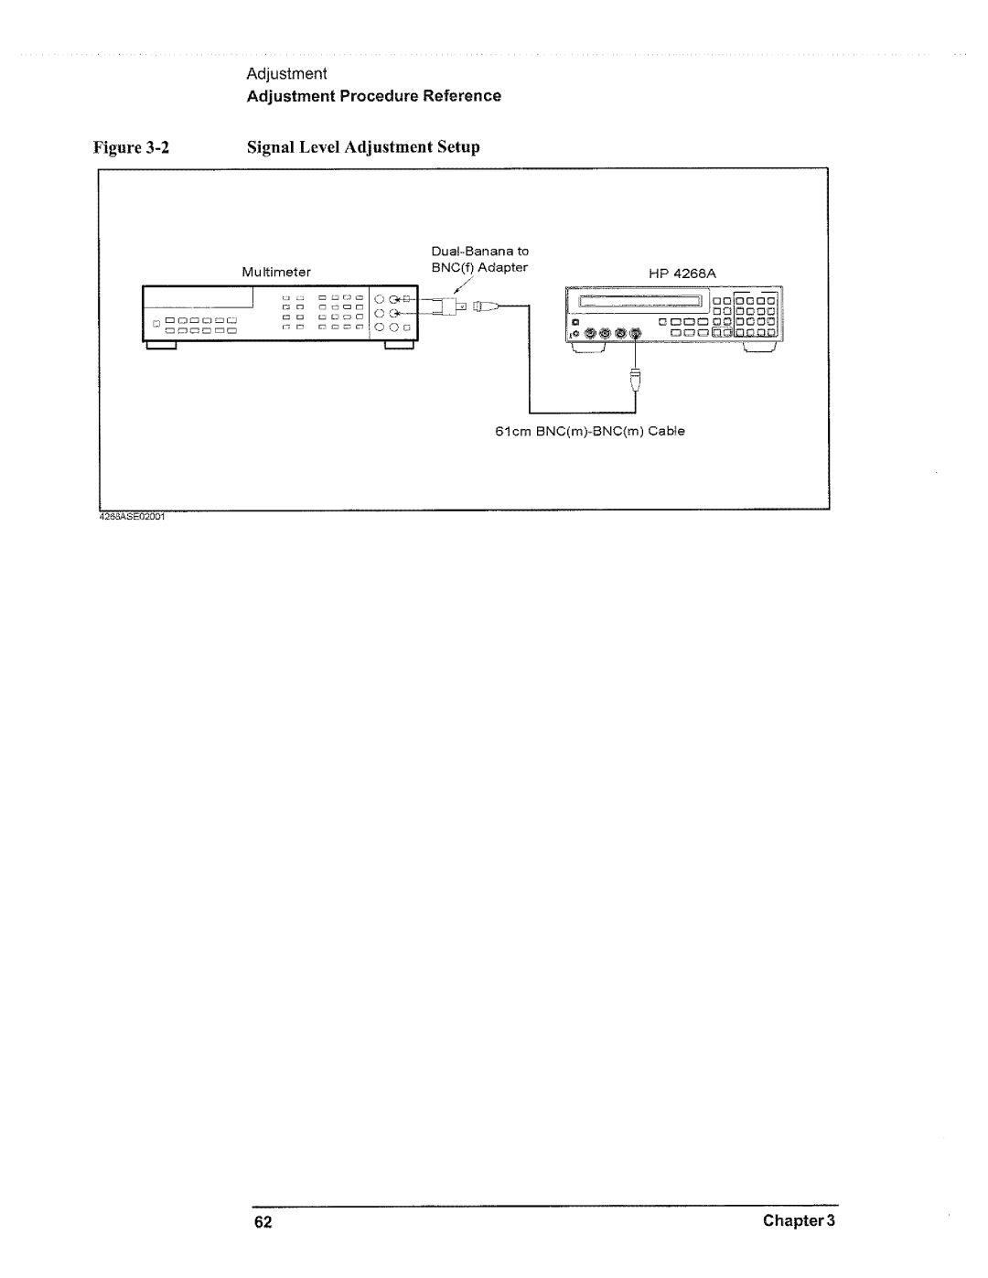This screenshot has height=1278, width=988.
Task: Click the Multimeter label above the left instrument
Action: pyautogui.click(x=276, y=272)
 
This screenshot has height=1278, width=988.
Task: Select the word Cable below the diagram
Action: pyautogui.click(x=666, y=431)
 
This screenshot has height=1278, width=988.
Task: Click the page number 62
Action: pyautogui.click(x=265, y=1221)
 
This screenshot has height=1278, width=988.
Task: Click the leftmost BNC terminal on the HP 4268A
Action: pyautogui.click(x=590, y=334)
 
